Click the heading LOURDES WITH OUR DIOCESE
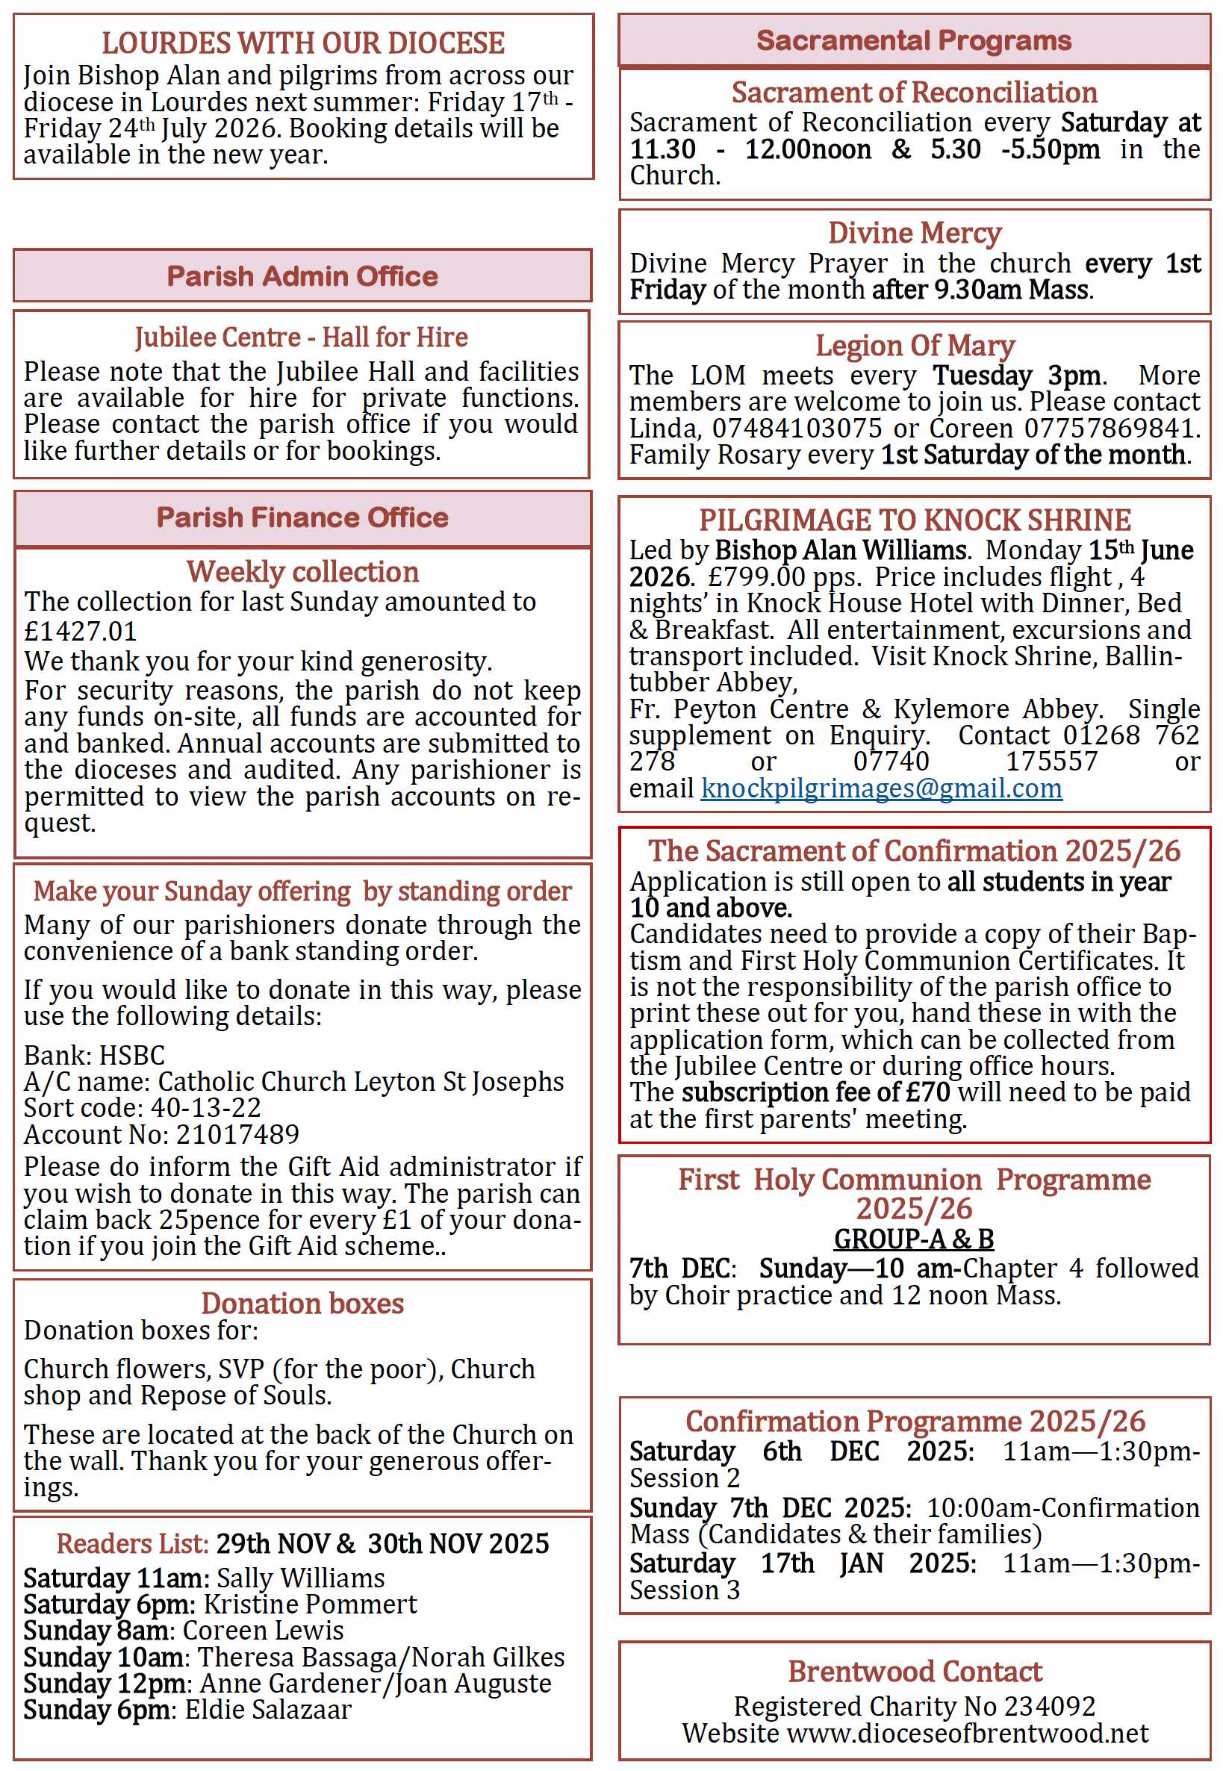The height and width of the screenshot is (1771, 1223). (x=302, y=44)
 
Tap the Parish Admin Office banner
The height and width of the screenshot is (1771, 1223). (x=302, y=276)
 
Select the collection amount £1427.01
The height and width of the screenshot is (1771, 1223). (x=81, y=632)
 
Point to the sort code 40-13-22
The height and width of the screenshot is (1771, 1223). (x=205, y=1108)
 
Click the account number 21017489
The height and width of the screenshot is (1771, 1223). (x=237, y=1135)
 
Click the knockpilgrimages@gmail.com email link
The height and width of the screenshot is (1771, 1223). (x=881, y=788)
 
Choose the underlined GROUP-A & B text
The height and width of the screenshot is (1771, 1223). (x=913, y=1239)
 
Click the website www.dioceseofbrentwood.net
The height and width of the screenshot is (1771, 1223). (x=968, y=1734)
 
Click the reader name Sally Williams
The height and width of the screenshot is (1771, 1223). (x=300, y=1578)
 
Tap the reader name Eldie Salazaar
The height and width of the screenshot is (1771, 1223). (x=268, y=1710)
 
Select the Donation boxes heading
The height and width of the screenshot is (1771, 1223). (x=302, y=1304)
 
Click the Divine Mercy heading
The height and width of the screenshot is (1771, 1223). (x=914, y=233)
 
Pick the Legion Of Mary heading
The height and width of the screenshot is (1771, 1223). (x=914, y=346)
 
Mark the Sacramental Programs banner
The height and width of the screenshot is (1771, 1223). (x=913, y=40)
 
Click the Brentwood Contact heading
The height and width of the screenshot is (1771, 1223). (x=915, y=1672)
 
